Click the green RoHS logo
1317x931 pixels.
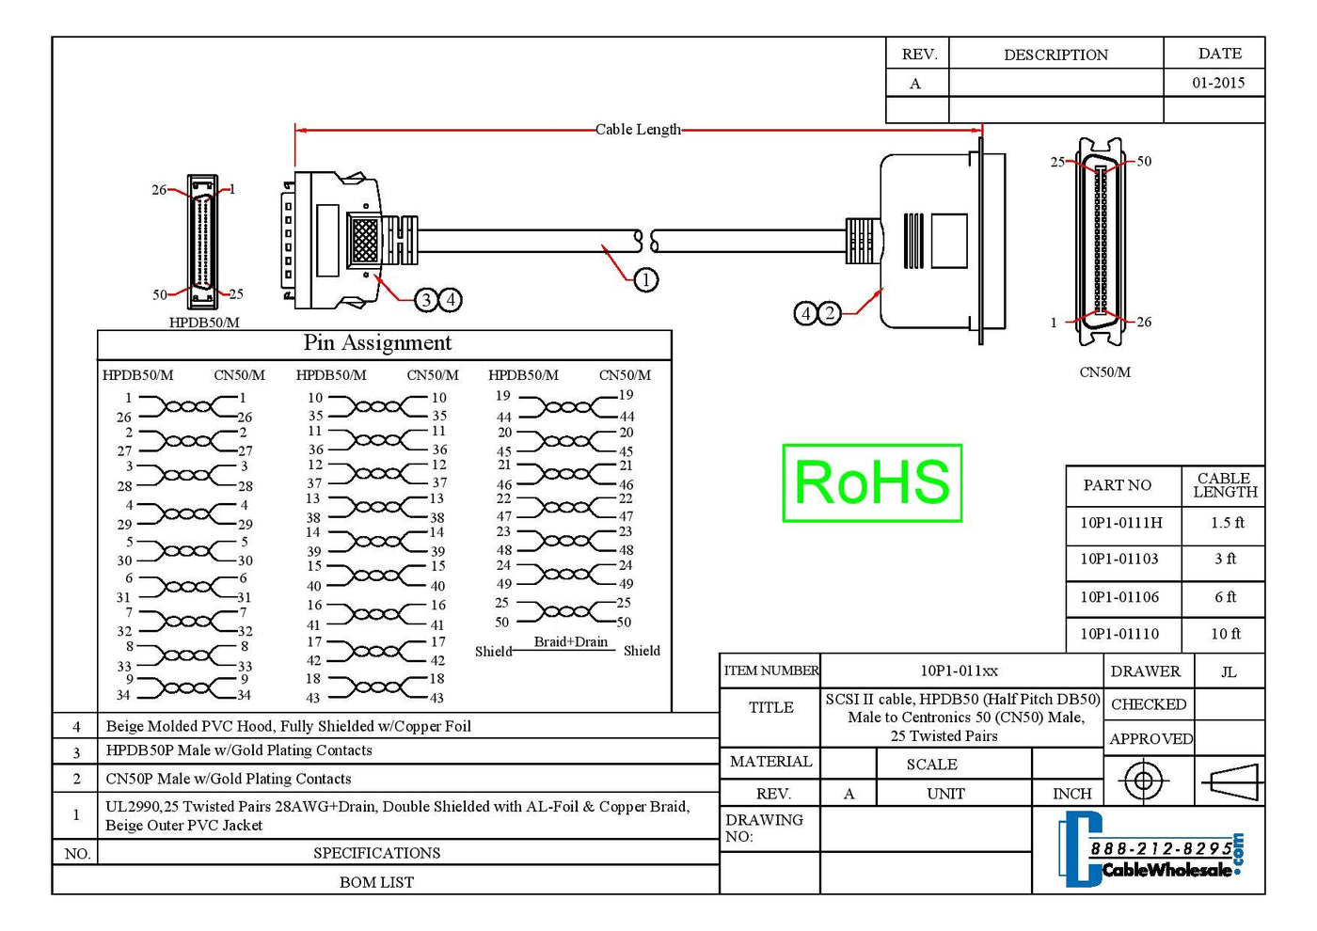pyautogui.click(x=872, y=482)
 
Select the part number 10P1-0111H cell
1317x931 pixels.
pyautogui.click(x=1120, y=523)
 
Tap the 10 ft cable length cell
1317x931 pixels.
pyautogui.click(x=1225, y=634)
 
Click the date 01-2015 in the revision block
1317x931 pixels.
pyautogui.click(x=1218, y=83)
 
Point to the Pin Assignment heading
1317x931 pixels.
pyautogui.click(x=377, y=343)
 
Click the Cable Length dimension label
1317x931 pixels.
pyautogui.click(x=638, y=130)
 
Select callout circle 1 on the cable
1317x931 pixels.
pyautogui.click(x=645, y=279)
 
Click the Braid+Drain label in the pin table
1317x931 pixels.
pyautogui.click(x=571, y=641)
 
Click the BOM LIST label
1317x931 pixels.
pyautogui.click(x=376, y=882)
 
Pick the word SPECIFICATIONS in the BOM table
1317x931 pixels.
pyautogui.click(x=376, y=853)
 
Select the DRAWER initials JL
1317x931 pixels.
pyautogui.click(x=1229, y=671)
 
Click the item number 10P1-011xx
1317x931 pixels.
pyautogui.click(x=959, y=671)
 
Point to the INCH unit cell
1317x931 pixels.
pyautogui.click(x=1071, y=794)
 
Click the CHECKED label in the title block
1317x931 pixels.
pyautogui.click(x=1149, y=704)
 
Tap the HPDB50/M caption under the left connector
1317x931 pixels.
pyautogui.click(x=204, y=323)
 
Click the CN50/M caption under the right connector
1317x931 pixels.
pyautogui.click(x=1104, y=372)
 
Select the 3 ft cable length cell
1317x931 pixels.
pyautogui.click(x=1225, y=559)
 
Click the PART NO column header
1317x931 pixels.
pyautogui.click(x=1117, y=485)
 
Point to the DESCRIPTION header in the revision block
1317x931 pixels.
pyautogui.click(x=1055, y=55)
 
